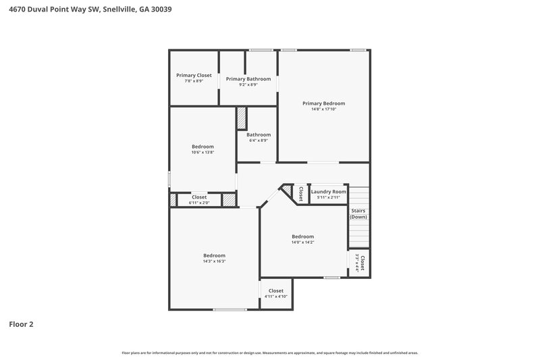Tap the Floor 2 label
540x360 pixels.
coord(21,324)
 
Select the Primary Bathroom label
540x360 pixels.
coord(248,79)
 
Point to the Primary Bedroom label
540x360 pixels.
coord(323,103)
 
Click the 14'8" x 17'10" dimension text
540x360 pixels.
coord(323,109)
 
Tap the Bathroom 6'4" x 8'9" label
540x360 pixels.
coord(258,137)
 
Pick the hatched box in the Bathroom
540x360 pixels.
coord(241,118)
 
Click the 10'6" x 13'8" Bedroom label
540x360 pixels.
coord(202,149)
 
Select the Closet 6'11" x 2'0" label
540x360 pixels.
coord(199,199)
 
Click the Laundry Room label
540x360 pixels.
coord(328,194)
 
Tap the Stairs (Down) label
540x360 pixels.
coord(358,213)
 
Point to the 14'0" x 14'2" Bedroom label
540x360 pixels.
coord(302,238)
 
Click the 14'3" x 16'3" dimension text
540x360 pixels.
coord(214,261)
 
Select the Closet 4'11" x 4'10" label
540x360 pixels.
coord(275,293)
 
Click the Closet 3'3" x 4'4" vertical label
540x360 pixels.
coord(360,263)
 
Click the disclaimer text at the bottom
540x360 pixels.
coord(269,353)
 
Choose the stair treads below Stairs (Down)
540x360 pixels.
coord(358,233)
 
